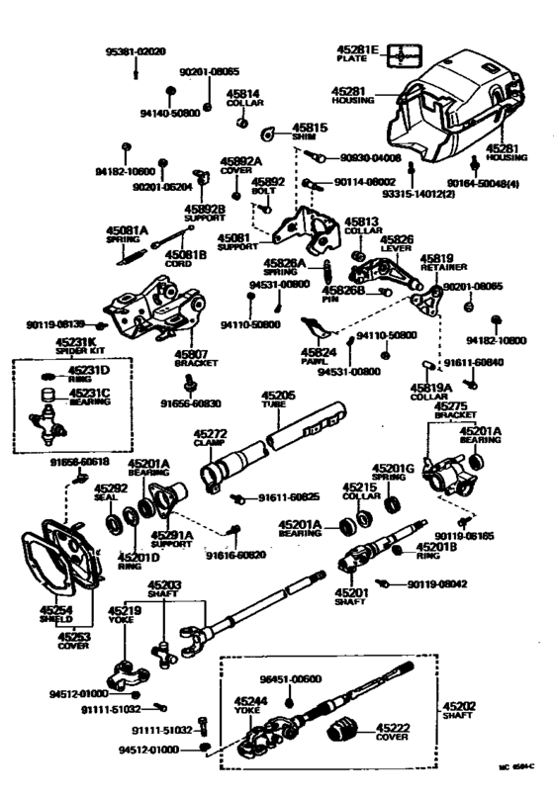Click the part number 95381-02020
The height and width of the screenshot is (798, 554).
pyautogui.click(x=136, y=50)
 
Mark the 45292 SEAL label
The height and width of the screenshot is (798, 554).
pyautogui.click(x=110, y=492)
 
